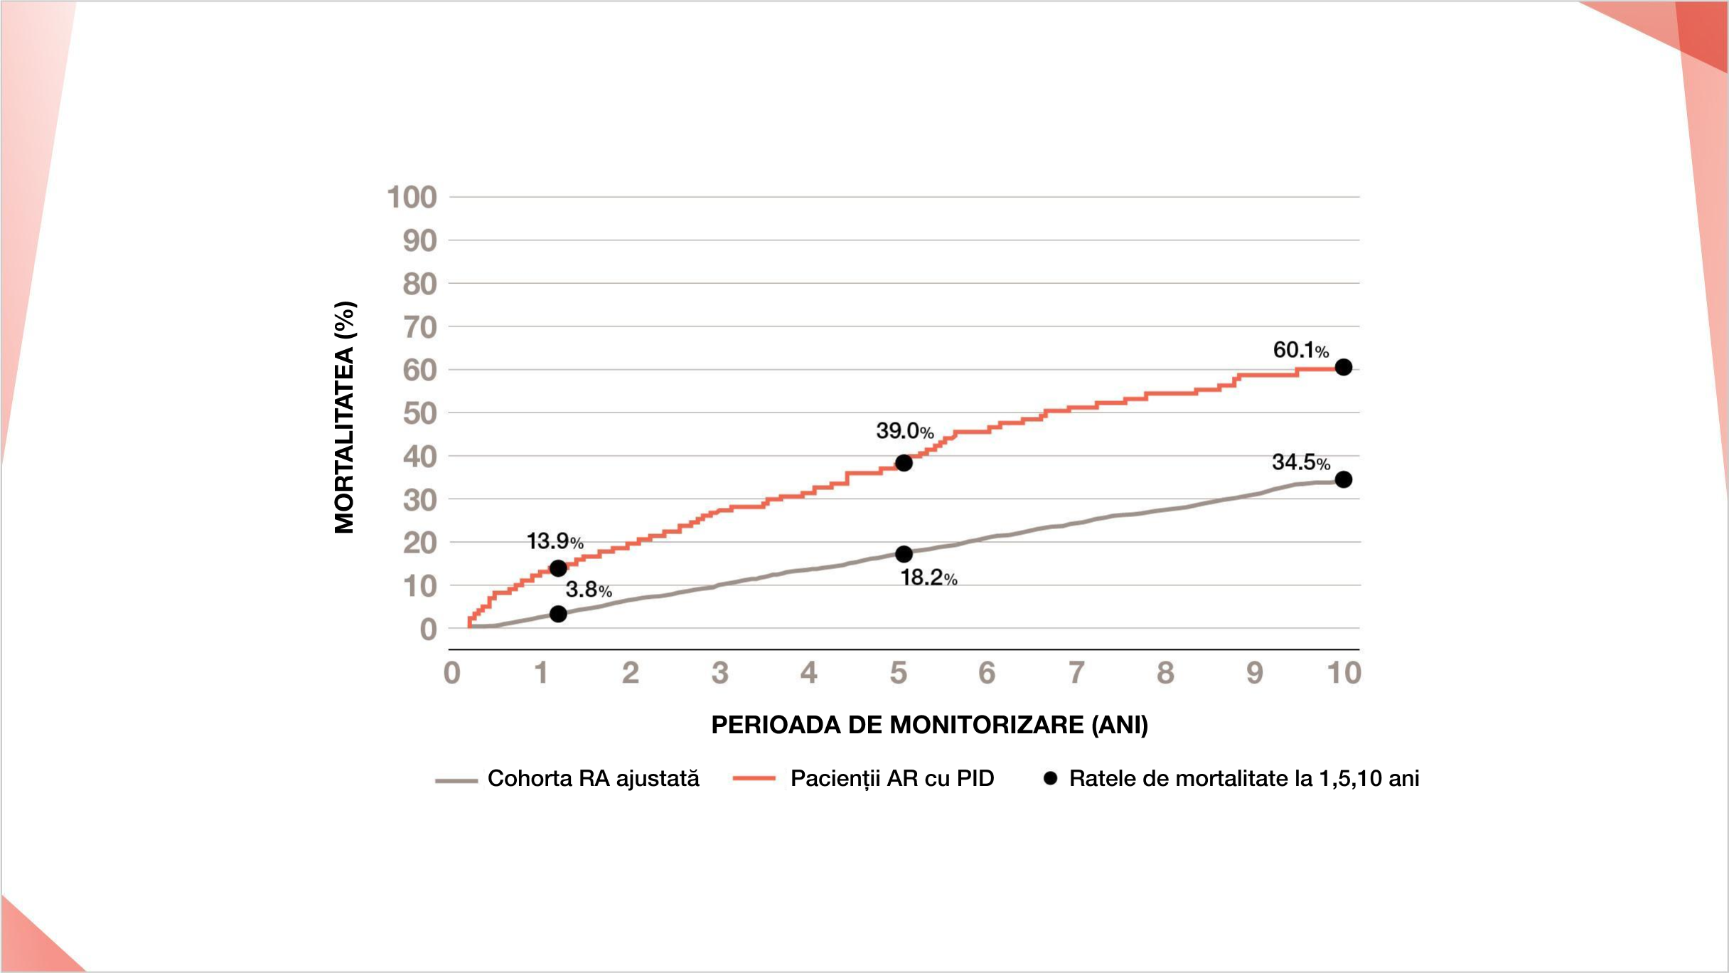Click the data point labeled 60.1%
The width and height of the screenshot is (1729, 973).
[1343, 367]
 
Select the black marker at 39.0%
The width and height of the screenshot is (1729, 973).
[904, 463]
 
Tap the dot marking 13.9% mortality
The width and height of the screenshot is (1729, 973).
[558, 568]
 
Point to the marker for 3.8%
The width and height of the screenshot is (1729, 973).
[558, 614]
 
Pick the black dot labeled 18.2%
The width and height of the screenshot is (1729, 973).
[904, 553]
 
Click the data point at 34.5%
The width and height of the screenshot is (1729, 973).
[1343, 479]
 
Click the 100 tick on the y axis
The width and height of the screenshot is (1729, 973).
[412, 198]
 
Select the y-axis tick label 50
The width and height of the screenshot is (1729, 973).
[419, 414]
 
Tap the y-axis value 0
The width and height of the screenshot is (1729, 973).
[428, 629]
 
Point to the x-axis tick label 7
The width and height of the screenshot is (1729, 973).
[1076, 673]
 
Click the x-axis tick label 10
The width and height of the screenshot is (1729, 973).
[1344, 673]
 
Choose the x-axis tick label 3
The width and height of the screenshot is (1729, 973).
[719, 673]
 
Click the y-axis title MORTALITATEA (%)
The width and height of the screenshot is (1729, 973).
[344, 418]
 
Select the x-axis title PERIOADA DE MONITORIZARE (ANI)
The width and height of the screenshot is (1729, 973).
[929, 725]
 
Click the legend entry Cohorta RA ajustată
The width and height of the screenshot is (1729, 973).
[593, 779]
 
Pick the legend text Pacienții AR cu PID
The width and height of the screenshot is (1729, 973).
[892, 779]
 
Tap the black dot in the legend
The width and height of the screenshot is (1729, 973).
[1050, 778]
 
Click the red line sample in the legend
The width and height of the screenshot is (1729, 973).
[754, 779]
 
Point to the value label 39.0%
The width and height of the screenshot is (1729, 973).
[904, 431]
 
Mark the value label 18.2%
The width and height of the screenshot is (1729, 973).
[928, 578]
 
